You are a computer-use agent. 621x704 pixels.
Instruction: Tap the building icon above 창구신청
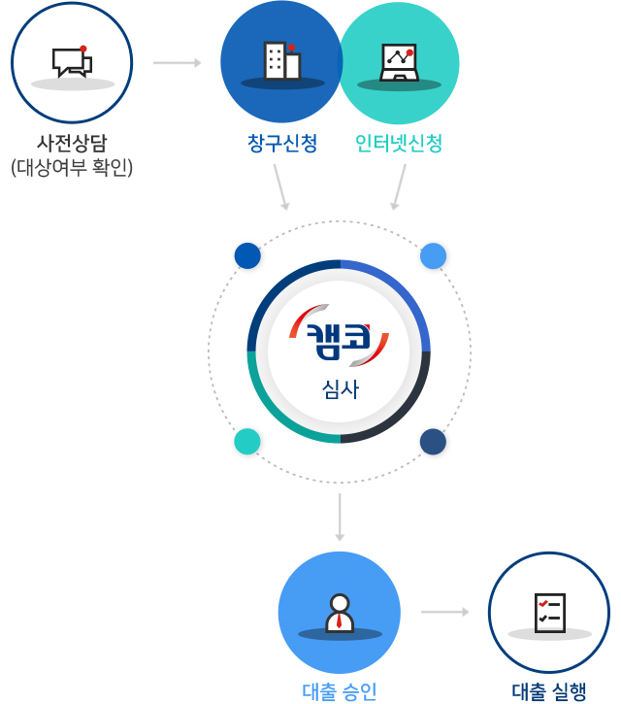coord(281,60)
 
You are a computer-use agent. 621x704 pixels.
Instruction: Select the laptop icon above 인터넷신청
coord(398,62)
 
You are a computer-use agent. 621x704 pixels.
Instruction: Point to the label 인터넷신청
coord(399,144)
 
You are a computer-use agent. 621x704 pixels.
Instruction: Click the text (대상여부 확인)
coord(72,167)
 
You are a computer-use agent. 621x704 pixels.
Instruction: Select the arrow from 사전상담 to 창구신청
coord(177,63)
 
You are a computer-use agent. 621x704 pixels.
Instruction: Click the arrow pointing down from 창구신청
coord(281,186)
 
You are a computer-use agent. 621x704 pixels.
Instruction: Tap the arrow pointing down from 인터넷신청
coord(399,186)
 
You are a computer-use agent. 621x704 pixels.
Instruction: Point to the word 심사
coord(340,390)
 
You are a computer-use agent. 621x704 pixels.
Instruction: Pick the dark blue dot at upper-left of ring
coord(247,255)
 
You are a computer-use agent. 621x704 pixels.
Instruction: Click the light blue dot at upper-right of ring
coord(433,255)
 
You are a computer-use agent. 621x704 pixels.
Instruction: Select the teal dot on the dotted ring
coord(247,442)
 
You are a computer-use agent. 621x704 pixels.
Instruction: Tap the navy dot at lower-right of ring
coord(433,442)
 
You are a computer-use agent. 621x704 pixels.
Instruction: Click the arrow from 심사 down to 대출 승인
coord(340,517)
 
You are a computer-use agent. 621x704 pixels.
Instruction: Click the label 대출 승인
coord(339,691)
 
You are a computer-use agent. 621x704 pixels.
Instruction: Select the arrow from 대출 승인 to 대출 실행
coord(444,612)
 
